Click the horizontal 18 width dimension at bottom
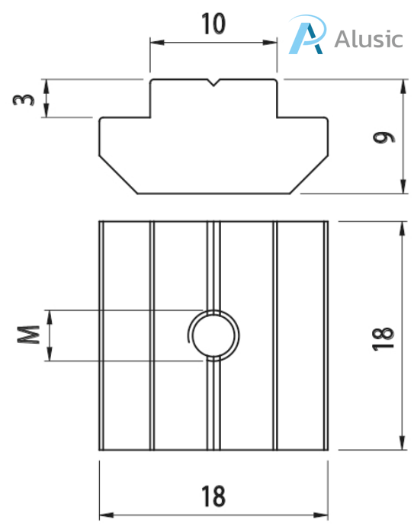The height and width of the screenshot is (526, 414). point(214,496)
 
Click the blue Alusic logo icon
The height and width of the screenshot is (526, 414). point(309,37)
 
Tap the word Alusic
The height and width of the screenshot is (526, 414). point(367,38)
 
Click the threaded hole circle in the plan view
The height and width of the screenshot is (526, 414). point(214,335)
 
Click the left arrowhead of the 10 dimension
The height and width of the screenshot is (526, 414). point(155,43)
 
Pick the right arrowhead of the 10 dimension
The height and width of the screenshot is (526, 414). point(272,43)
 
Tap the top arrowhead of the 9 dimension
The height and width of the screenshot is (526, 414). point(401,83)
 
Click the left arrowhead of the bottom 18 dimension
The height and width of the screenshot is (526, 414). point(104,514)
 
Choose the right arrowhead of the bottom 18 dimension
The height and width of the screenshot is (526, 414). point(323,514)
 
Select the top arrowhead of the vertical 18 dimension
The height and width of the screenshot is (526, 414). point(401,226)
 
